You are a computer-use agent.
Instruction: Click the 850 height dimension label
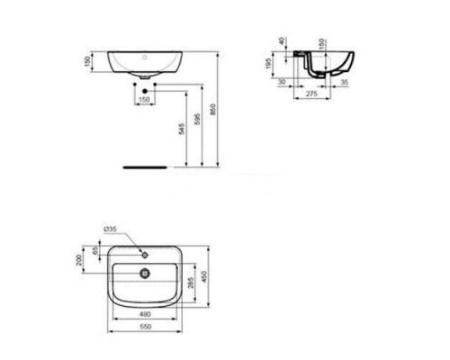click(x=211, y=109)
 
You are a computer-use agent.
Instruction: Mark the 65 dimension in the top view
click(x=95, y=252)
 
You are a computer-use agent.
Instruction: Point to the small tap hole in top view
click(x=143, y=252)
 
